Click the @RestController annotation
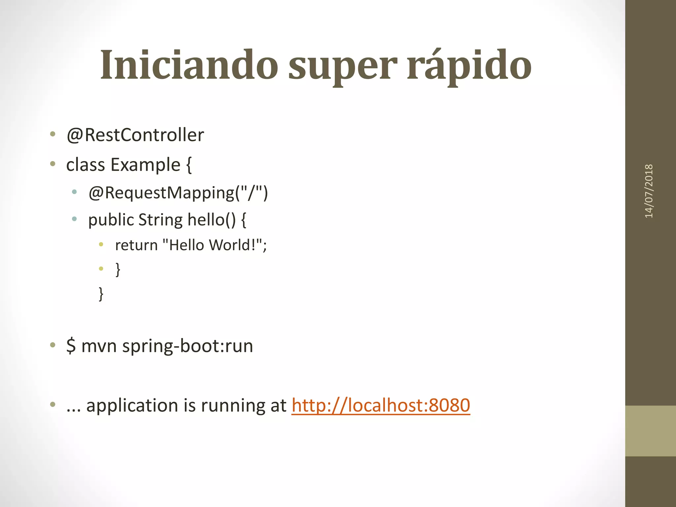(x=135, y=135)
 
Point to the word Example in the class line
(x=146, y=165)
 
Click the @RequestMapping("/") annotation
(x=178, y=193)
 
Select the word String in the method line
(x=160, y=220)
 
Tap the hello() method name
(x=212, y=220)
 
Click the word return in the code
(x=136, y=245)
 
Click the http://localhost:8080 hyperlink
(x=381, y=405)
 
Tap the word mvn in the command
(x=99, y=346)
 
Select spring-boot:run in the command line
(x=187, y=346)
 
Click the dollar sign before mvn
(x=71, y=346)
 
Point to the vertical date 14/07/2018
(x=649, y=191)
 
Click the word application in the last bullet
(x=132, y=406)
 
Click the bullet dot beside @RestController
(x=52, y=134)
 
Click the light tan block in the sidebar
(x=650, y=431)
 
